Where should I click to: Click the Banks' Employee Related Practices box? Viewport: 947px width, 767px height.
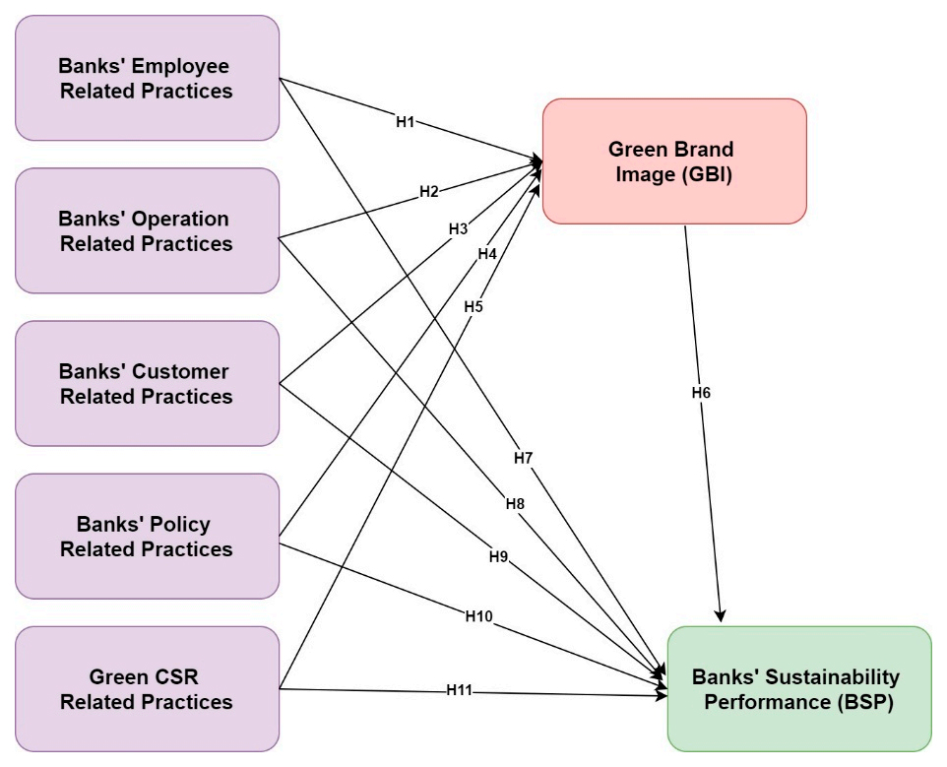[147, 79]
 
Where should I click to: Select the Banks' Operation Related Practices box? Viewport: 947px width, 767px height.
[147, 231]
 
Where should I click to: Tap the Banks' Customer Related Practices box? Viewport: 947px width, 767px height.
[147, 384]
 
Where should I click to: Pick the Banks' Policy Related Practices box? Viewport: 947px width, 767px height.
[147, 537]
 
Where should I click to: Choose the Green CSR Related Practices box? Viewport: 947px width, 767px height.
[147, 689]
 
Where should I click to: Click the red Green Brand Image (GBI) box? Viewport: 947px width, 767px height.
[674, 161]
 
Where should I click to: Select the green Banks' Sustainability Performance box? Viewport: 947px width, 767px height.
[798, 690]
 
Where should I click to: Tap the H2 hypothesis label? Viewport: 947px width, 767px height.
[429, 192]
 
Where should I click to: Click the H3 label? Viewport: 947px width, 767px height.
[458, 228]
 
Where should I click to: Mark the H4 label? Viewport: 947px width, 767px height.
[487, 254]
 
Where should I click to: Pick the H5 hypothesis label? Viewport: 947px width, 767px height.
[473, 307]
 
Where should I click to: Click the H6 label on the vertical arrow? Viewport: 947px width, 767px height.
[701, 392]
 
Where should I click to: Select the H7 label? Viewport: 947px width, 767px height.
[523, 459]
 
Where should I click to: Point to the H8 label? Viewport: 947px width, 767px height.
[515, 504]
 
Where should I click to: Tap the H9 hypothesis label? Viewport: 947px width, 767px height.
[498, 556]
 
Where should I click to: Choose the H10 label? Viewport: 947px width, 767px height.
[479, 615]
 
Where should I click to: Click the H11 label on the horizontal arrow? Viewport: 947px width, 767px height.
[460, 690]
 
